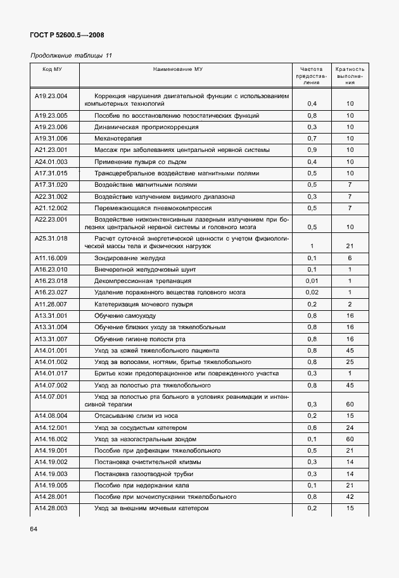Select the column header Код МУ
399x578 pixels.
click(x=51, y=69)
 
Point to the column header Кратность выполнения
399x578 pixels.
click(x=350, y=75)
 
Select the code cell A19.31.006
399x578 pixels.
click(x=51, y=138)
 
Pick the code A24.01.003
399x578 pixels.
click(x=51, y=161)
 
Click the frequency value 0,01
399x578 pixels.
click(x=312, y=281)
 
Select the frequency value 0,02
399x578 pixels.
click(x=312, y=292)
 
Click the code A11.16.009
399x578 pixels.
click(x=51, y=258)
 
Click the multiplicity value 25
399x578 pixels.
click(x=350, y=361)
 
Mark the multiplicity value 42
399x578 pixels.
click(x=350, y=497)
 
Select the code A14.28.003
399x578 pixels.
click(x=51, y=508)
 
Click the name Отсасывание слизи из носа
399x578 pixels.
click(x=136, y=416)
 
